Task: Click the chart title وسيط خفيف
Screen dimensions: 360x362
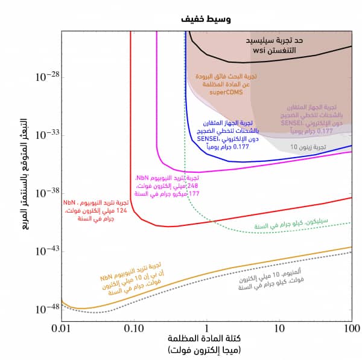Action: (206, 19)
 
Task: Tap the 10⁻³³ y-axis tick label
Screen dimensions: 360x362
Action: (48, 135)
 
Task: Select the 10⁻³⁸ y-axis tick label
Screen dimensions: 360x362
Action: (48, 193)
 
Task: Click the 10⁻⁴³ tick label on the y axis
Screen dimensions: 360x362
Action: (48, 251)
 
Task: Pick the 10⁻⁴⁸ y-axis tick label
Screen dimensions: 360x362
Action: (48, 309)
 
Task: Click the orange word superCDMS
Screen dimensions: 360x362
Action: (226, 93)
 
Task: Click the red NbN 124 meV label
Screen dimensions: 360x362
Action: (97, 210)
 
